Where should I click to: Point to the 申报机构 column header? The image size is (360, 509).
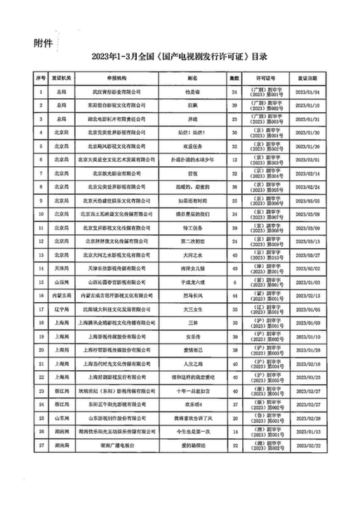click(x=115, y=79)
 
